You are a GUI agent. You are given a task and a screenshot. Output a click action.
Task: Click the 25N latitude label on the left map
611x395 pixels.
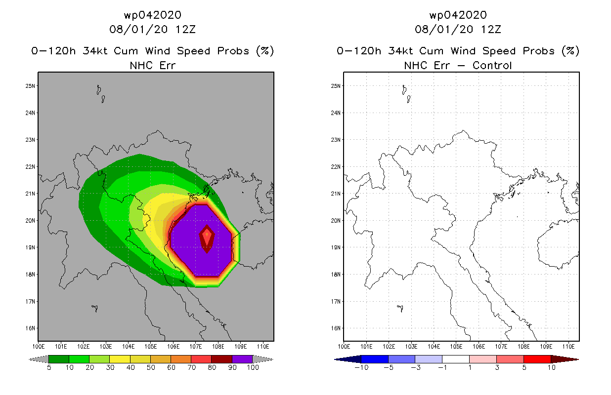click(30, 86)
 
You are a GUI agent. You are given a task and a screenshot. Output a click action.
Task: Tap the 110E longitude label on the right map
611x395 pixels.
click(568, 347)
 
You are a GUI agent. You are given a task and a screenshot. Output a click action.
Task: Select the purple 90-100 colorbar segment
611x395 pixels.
click(242, 359)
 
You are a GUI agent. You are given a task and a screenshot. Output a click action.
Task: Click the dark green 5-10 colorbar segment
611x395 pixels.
click(59, 359)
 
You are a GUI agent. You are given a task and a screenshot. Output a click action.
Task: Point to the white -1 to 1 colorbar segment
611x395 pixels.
click(456, 359)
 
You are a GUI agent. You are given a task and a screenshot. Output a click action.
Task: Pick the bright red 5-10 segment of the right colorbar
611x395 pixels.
click(537, 359)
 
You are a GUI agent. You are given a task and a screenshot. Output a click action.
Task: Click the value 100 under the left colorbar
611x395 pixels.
click(253, 367)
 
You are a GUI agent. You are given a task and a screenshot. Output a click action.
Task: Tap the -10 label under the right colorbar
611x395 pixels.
click(361, 367)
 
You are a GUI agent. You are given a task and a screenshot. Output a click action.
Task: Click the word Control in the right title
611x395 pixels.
click(492, 66)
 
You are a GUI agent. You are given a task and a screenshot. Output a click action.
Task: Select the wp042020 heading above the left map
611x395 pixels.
click(153, 15)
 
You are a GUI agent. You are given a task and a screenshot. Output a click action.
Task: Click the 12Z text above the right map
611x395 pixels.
click(491, 30)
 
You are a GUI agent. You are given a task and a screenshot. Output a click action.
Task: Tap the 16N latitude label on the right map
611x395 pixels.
click(336, 328)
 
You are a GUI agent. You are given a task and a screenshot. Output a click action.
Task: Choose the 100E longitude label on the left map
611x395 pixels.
click(39, 347)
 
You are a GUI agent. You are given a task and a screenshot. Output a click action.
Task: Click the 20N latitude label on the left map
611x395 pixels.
click(30, 221)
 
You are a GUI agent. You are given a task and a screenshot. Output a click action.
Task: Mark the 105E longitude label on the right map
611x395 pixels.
click(456, 347)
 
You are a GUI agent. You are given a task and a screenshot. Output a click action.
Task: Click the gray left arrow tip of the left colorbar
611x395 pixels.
click(29, 359)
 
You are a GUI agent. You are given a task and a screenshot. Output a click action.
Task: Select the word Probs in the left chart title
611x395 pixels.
click(233, 51)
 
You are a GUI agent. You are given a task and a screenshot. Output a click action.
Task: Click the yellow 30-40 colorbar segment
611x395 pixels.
click(120, 359)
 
